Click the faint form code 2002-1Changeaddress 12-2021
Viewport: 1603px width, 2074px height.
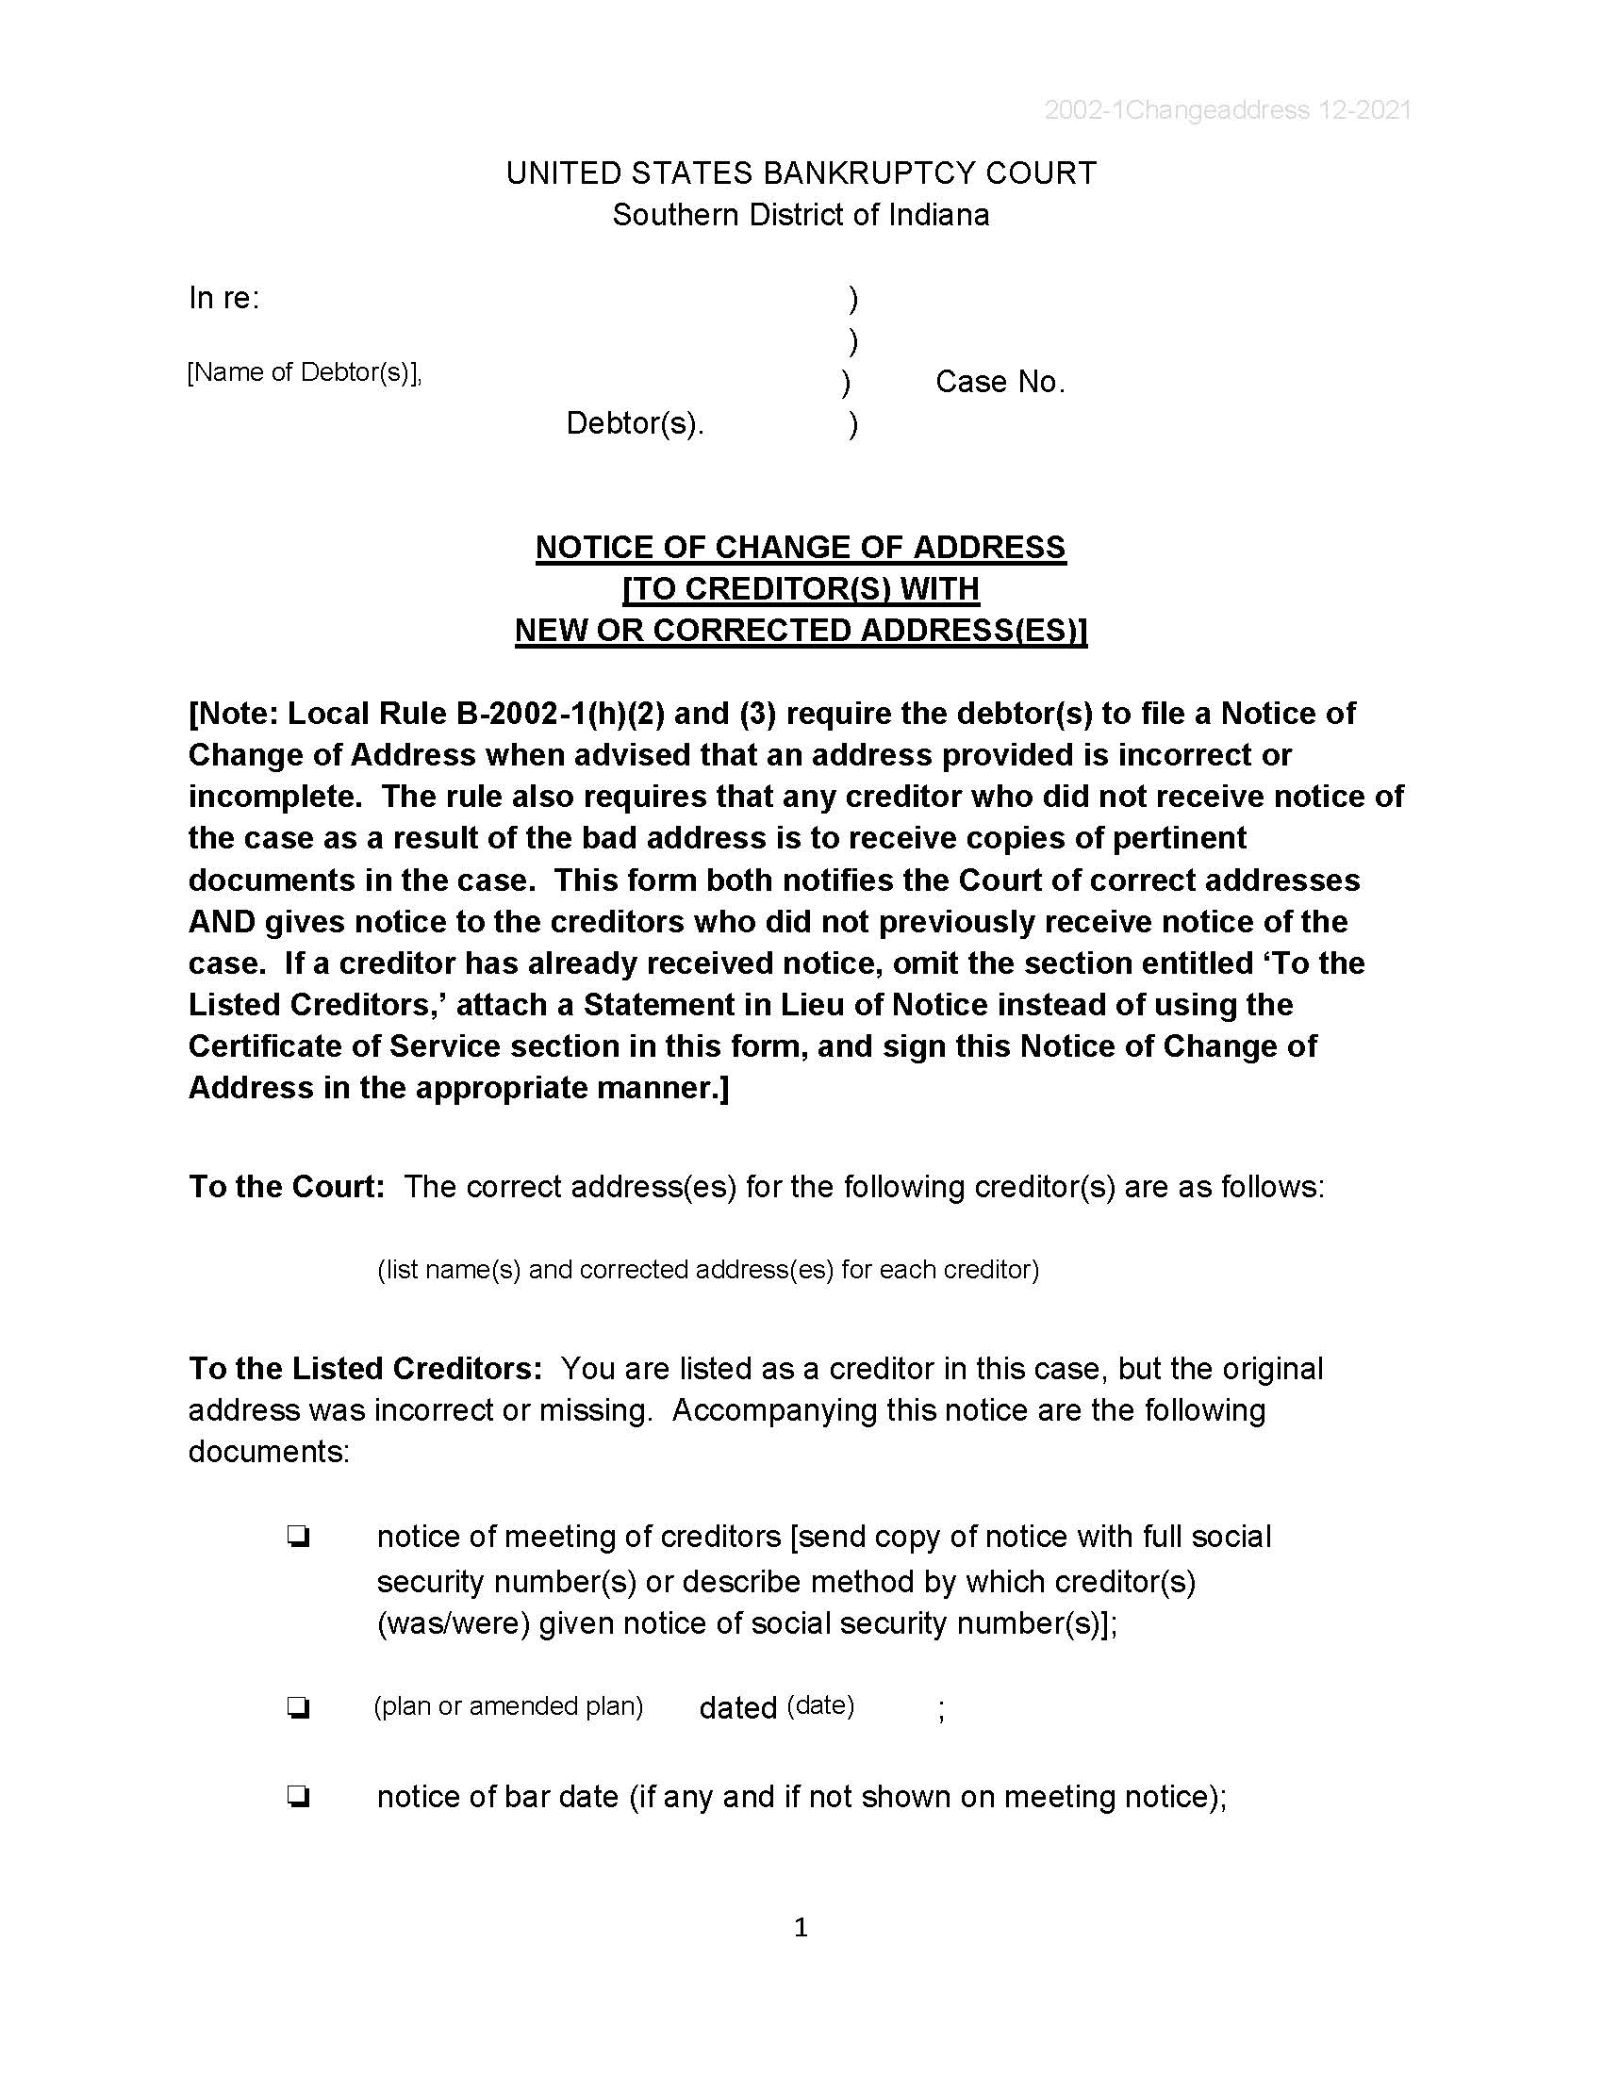(x=1227, y=110)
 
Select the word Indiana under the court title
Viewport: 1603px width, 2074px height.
(x=938, y=216)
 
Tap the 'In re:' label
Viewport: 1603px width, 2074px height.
(x=224, y=298)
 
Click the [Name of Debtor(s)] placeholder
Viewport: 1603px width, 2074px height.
(x=304, y=372)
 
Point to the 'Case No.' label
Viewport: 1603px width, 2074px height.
(x=1000, y=382)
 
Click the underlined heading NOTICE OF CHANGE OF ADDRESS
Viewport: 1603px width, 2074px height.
(x=801, y=548)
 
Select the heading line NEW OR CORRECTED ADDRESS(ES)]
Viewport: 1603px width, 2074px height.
(x=801, y=631)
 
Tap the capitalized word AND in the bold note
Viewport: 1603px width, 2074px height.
(x=222, y=921)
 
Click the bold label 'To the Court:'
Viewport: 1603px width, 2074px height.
(x=286, y=1187)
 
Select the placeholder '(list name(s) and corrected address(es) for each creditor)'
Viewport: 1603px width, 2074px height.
(x=707, y=1270)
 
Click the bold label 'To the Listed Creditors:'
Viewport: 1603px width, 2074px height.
(x=365, y=1369)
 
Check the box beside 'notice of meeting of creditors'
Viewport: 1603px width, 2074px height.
(x=298, y=1537)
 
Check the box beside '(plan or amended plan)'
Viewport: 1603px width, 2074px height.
(x=298, y=1708)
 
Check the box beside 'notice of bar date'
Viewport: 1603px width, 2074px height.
(x=298, y=1797)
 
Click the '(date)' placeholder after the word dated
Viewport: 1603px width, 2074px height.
(x=820, y=1706)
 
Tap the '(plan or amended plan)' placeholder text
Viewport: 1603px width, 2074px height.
(x=508, y=1706)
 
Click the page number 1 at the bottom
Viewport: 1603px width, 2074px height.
(x=801, y=1927)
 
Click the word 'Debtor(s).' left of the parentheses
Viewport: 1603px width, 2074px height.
(x=635, y=423)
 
